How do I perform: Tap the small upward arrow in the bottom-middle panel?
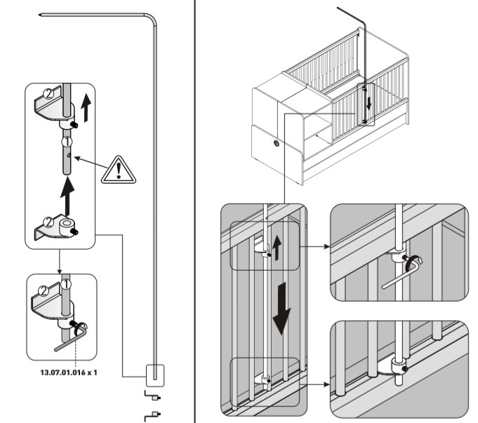(276, 246)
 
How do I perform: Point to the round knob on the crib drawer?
(276, 142)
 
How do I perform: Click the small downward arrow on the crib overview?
(368, 102)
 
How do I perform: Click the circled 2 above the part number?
(44, 288)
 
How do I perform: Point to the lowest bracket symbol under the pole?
(150, 418)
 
